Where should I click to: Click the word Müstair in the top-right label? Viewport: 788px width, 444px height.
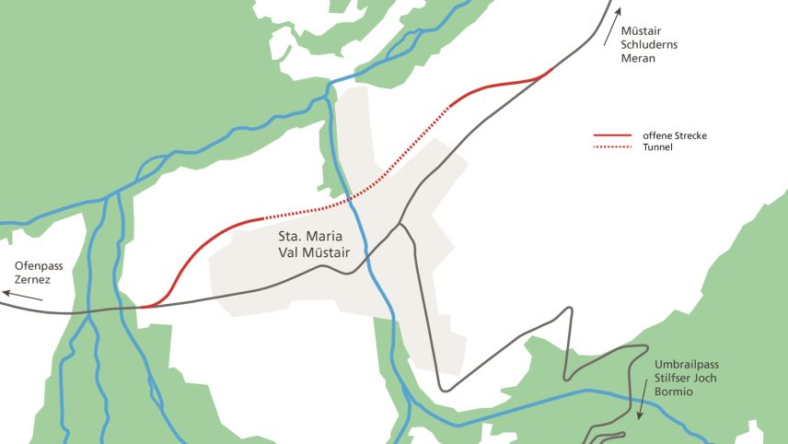pos(641,30)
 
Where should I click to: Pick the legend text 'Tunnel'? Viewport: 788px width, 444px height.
pos(658,147)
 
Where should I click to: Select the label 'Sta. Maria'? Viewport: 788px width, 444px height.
pos(309,235)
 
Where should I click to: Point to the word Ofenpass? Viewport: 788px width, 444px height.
pos(36,265)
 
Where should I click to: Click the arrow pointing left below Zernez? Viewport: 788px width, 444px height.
pos(23,295)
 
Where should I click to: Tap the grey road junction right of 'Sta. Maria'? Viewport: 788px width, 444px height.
pos(400,224)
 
